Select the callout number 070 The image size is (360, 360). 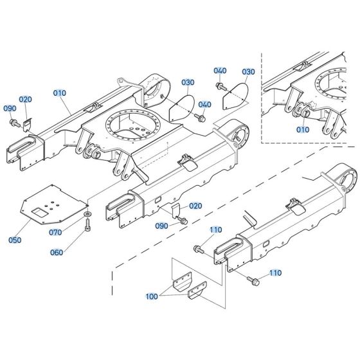point(56,231)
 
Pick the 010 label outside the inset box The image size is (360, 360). point(59,93)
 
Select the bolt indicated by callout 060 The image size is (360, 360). point(87,224)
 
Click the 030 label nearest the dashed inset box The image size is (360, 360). point(249,71)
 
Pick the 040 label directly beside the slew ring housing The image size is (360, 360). point(205,105)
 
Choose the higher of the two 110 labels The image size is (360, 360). point(215,230)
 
